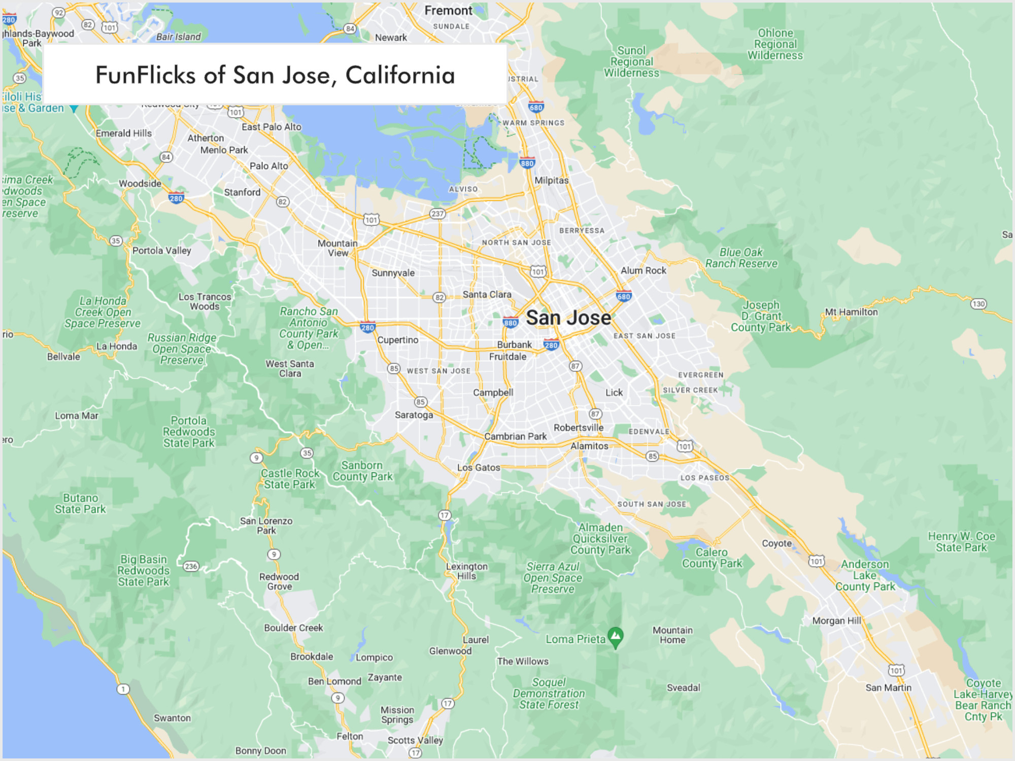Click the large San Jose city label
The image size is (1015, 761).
(568, 318)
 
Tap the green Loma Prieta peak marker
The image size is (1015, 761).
(615, 636)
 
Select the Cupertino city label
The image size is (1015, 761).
(398, 340)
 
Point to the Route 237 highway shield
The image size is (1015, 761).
(437, 214)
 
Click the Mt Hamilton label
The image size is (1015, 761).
(851, 312)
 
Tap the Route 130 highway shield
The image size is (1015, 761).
(978, 304)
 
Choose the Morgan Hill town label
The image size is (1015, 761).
(836, 620)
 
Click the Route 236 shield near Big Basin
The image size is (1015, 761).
(191, 566)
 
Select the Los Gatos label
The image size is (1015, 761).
(479, 467)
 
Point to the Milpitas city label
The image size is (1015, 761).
(552, 180)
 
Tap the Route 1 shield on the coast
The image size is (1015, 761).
(123, 689)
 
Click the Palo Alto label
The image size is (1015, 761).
(269, 166)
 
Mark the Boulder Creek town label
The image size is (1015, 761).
(293, 628)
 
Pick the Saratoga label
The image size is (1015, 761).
(414, 414)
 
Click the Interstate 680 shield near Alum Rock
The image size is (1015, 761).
(624, 296)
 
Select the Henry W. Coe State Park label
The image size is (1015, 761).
(961, 542)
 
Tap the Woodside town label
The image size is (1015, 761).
(140, 183)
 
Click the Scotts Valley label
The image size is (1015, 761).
(415, 740)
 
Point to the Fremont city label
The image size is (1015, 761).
(448, 11)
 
